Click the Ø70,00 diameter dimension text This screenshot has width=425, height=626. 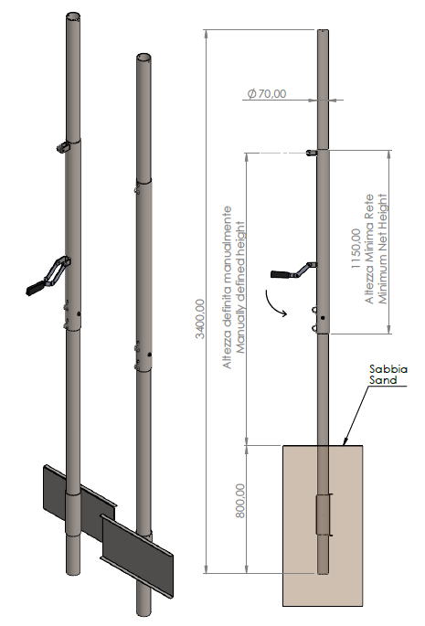[x=267, y=94]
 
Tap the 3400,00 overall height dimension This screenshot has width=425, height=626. [x=200, y=319]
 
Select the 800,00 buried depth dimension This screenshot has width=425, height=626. [x=239, y=501]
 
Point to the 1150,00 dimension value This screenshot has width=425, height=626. [x=356, y=249]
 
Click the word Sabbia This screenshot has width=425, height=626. [x=388, y=369]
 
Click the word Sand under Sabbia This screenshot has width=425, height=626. [x=383, y=380]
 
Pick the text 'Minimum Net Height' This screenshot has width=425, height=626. [x=382, y=249]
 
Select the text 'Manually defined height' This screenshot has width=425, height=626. [x=240, y=288]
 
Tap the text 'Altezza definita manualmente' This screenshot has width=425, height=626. [x=227, y=288]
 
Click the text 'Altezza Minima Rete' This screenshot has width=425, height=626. [x=369, y=249]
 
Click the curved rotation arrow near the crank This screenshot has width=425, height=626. [x=276, y=305]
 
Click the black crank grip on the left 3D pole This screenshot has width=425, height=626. [x=36, y=288]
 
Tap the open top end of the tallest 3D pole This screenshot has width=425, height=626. [x=73, y=16]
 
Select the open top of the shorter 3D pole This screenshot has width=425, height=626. [x=143, y=57]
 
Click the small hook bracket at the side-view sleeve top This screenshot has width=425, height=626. [x=312, y=153]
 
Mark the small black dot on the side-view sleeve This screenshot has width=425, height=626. [x=323, y=318]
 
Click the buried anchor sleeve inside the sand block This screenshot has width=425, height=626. [x=324, y=515]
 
